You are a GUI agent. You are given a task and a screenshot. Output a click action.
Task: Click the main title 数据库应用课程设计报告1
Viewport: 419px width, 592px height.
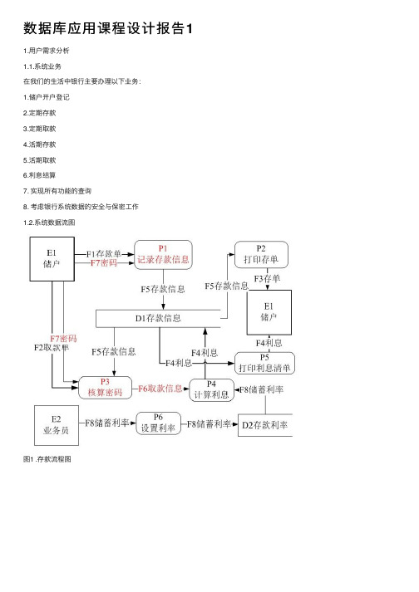tap(108, 29)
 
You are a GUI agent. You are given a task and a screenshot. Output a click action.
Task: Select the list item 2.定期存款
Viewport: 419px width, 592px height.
tap(39, 113)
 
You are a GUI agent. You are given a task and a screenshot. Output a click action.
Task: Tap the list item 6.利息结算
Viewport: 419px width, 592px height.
tap(39, 175)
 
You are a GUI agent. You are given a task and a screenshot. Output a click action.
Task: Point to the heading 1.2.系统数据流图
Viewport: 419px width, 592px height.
tap(49, 223)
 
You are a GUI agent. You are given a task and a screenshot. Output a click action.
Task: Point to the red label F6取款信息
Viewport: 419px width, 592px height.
tap(160, 389)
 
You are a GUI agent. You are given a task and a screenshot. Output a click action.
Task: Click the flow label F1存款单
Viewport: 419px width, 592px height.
tap(104, 254)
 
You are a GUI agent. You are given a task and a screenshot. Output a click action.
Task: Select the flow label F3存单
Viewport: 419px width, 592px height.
tap(267, 279)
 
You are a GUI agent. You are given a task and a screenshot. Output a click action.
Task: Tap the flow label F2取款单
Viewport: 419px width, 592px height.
tap(52, 348)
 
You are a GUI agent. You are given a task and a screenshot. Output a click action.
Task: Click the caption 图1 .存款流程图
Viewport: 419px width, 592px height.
tap(47, 459)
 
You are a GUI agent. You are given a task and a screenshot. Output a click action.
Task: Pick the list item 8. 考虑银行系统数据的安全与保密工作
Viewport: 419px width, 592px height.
tap(81, 207)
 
